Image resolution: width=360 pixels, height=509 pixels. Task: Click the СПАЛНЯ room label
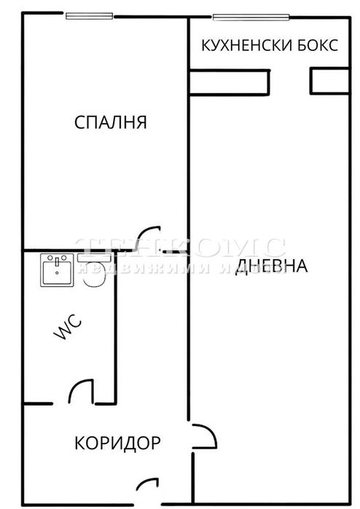[111, 122]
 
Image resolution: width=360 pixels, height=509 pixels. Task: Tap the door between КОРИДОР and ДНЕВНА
[203, 437]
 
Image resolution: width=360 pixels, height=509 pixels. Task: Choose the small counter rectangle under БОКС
[329, 80]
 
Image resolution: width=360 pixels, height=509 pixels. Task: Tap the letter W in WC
[61, 334]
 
